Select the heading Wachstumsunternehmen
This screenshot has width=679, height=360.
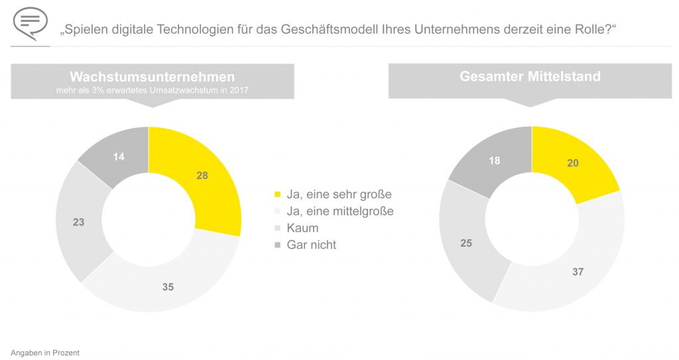coord(152,77)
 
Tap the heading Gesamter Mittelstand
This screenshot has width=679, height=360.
coord(530,76)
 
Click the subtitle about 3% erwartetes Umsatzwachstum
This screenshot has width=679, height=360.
coord(152,90)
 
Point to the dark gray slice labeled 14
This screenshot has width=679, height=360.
coord(119,156)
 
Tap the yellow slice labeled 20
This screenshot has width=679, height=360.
coord(572,163)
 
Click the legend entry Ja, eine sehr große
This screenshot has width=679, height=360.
coord(339,194)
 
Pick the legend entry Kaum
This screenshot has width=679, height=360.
coord(302,228)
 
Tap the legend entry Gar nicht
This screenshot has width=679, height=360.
coord(312,245)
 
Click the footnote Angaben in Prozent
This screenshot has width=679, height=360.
coord(45,353)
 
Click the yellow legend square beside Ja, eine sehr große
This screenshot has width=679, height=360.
coord(277,195)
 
